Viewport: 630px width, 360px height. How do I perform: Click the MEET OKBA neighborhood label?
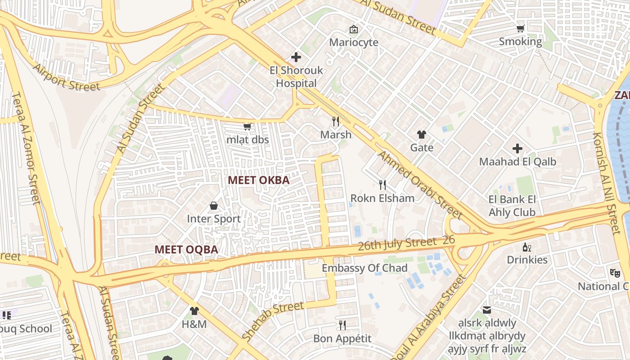coord(258,180)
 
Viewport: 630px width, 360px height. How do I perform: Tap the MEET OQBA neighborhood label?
coord(186,249)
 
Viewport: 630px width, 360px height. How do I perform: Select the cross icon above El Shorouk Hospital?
coord(296,57)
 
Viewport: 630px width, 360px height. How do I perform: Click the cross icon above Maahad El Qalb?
coord(517,148)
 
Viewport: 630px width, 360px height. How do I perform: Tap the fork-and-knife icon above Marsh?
coord(335,121)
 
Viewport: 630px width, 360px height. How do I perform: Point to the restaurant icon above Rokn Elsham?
coord(382,184)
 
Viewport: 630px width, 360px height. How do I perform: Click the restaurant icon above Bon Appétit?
coord(342,325)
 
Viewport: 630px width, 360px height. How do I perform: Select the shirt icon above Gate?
coord(422,134)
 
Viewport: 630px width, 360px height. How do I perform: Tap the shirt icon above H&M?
coord(194,310)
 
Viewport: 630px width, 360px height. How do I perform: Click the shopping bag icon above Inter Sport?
coord(214,206)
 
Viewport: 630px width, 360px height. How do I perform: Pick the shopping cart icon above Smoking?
coord(520,29)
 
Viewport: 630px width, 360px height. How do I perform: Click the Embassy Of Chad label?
coord(364,268)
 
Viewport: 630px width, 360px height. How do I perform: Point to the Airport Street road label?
coord(67,77)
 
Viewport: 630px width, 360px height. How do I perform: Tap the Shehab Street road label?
coord(273,321)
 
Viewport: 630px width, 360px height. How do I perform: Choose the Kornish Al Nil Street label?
coord(606,183)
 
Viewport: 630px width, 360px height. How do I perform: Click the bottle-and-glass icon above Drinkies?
coord(527,247)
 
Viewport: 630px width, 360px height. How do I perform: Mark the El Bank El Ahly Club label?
coord(512,206)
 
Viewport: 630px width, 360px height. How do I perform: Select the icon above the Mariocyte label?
coord(354,29)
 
